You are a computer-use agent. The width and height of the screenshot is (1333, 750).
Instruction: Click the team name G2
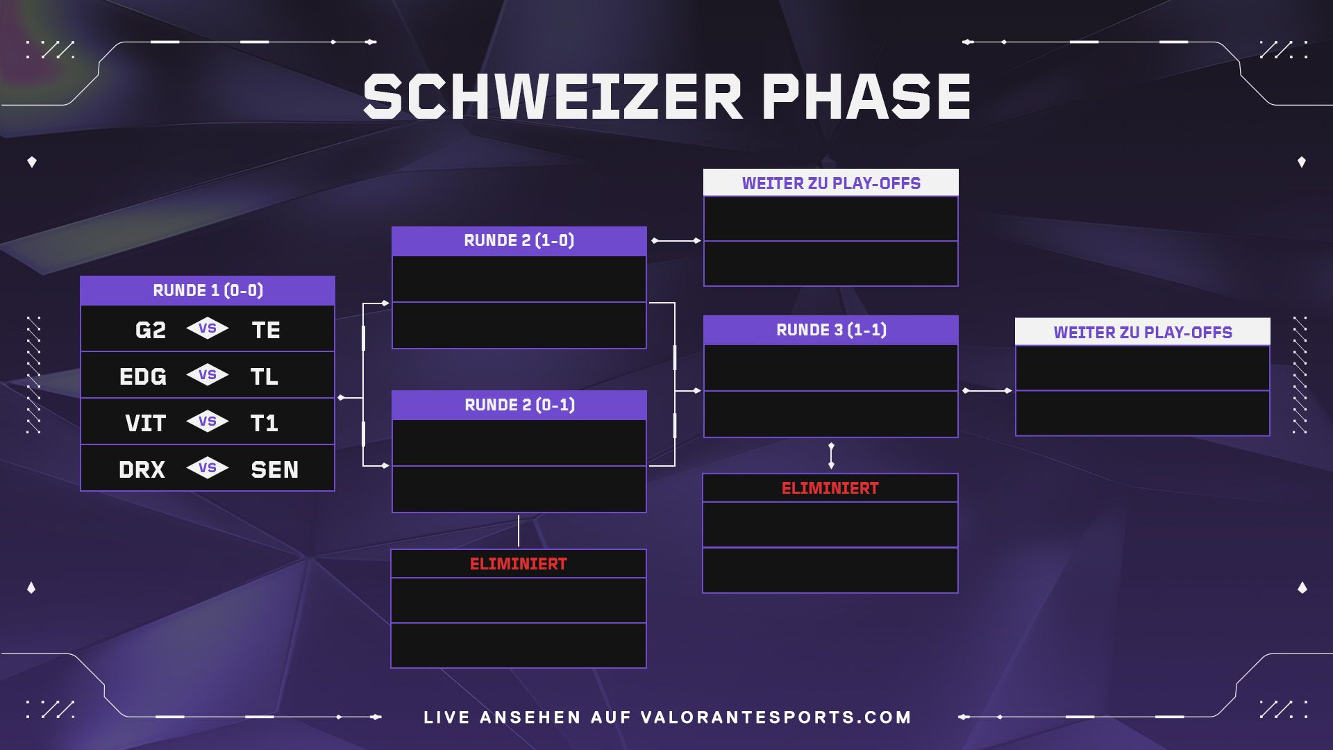click(151, 330)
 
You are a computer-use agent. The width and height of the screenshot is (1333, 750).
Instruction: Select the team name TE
click(266, 330)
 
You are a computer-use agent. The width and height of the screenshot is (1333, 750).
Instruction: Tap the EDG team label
click(143, 376)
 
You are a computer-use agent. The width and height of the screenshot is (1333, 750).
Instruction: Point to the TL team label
click(265, 376)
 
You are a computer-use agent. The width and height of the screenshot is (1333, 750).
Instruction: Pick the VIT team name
click(146, 423)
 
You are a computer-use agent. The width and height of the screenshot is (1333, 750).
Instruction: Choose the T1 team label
click(265, 423)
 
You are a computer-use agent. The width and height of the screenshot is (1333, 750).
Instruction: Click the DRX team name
click(142, 469)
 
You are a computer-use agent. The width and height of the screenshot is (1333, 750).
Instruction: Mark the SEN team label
click(275, 469)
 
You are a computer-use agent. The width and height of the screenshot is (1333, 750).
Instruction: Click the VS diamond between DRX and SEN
click(208, 468)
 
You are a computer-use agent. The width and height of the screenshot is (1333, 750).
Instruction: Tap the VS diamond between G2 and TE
click(208, 328)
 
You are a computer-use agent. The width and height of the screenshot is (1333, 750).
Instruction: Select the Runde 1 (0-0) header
click(208, 290)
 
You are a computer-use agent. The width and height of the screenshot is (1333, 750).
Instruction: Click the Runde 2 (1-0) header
click(519, 241)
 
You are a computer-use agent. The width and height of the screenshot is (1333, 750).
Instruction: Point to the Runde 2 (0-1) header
click(519, 405)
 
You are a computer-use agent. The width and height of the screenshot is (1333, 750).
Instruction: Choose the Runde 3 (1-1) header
click(831, 330)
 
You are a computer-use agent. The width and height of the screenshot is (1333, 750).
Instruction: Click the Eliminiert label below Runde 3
click(830, 488)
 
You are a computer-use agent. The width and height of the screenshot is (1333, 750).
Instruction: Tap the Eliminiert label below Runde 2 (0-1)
click(519, 564)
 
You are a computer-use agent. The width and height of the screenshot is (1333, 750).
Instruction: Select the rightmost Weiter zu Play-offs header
click(1143, 332)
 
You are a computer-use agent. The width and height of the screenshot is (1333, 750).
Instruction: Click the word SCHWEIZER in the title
click(553, 97)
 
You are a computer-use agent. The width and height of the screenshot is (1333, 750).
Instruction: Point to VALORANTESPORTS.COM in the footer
click(776, 717)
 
